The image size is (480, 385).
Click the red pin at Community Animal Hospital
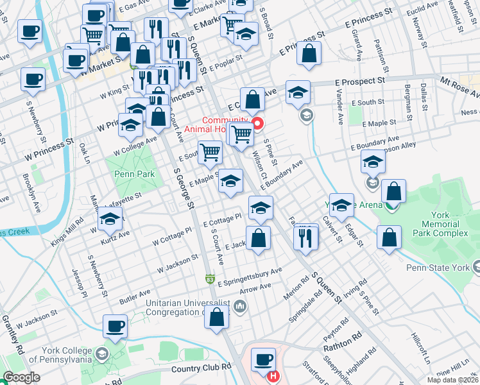tap(257, 124)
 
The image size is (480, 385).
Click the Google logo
tap(22, 377)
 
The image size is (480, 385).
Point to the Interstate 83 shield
tap(210, 279)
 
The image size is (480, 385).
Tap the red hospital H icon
tap(274, 376)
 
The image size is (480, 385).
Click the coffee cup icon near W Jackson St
tap(116, 327)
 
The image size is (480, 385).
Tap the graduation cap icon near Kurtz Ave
tap(110, 220)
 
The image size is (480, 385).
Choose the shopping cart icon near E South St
tap(210, 152)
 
